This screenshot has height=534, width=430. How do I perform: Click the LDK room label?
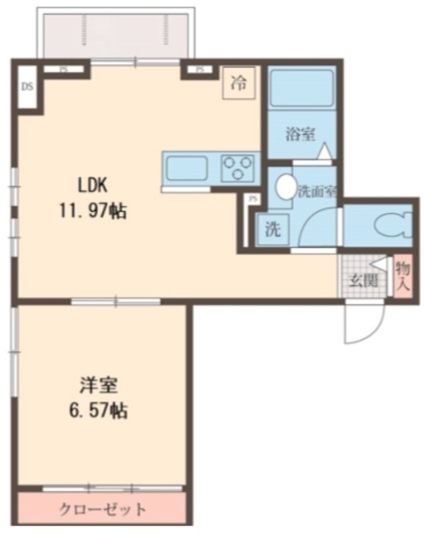pyautogui.click(x=93, y=186)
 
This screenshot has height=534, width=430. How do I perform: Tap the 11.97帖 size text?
pyautogui.click(x=93, y=211)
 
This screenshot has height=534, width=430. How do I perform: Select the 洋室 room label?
pyautogui.click(x=99, y=386)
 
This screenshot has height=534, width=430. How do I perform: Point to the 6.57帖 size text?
pyautogui.click(x=99, y=411)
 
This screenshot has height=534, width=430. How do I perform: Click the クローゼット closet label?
pyautogui.click(x=103, y=510)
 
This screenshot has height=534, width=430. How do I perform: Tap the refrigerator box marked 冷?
pyautogui.click(x=239, y=83)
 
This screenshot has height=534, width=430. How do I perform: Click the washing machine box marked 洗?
pyautogui.click(x=273, y=229)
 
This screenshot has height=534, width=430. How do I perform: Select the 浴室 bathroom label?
pyautogui.click(x=300, y=134)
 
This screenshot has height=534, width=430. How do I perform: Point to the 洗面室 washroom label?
pyautogui.click(x=317, y=192)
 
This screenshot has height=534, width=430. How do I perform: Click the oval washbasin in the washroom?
pyautogui.click(x=286, y=187)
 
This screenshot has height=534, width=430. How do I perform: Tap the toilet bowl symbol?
pyautogui.click(x=393, y=224)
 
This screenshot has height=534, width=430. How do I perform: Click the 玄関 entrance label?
pyautogui.click(x=363, y=281)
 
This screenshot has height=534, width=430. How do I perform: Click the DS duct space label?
pyautogui.click(x=27, y=87)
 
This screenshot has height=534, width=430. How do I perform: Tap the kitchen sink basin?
pyautogui.click(x=186, y=168)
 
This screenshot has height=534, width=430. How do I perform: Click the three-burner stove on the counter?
pyautogui.click(x=238, y=168)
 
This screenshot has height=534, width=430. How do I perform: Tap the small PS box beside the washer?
pyautogui.click(x=252, y=199)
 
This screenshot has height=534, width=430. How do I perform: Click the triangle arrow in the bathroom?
pyautogui.click(x=324, y=150)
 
